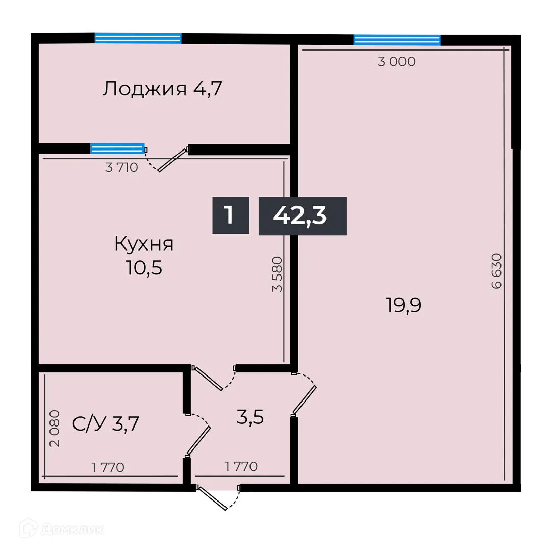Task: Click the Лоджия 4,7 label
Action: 163,89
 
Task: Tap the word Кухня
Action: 144,244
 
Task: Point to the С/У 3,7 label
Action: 106,423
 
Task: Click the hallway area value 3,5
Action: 250,417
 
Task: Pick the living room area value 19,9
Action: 403,306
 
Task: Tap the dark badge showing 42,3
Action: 302,216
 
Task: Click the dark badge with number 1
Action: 230,215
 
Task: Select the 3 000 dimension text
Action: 396,62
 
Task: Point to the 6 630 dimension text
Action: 497,271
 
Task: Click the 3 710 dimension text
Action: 121,167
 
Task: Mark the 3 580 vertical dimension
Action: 277,273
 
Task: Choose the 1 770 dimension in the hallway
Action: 241,466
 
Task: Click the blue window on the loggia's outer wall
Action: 138,38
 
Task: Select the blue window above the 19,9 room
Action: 396,40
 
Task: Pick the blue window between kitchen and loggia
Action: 117,148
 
